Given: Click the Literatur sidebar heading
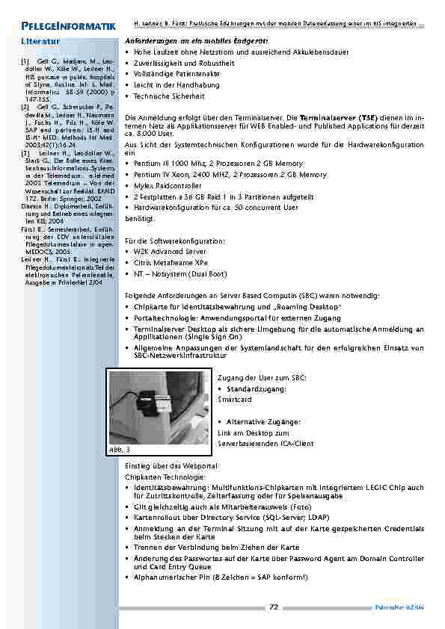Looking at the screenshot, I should [x=41, y=42].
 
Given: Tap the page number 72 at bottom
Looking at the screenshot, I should [x=273, y=607].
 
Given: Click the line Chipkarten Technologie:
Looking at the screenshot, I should [x=160, y=477].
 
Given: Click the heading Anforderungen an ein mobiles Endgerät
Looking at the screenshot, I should [x=197, y=40].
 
